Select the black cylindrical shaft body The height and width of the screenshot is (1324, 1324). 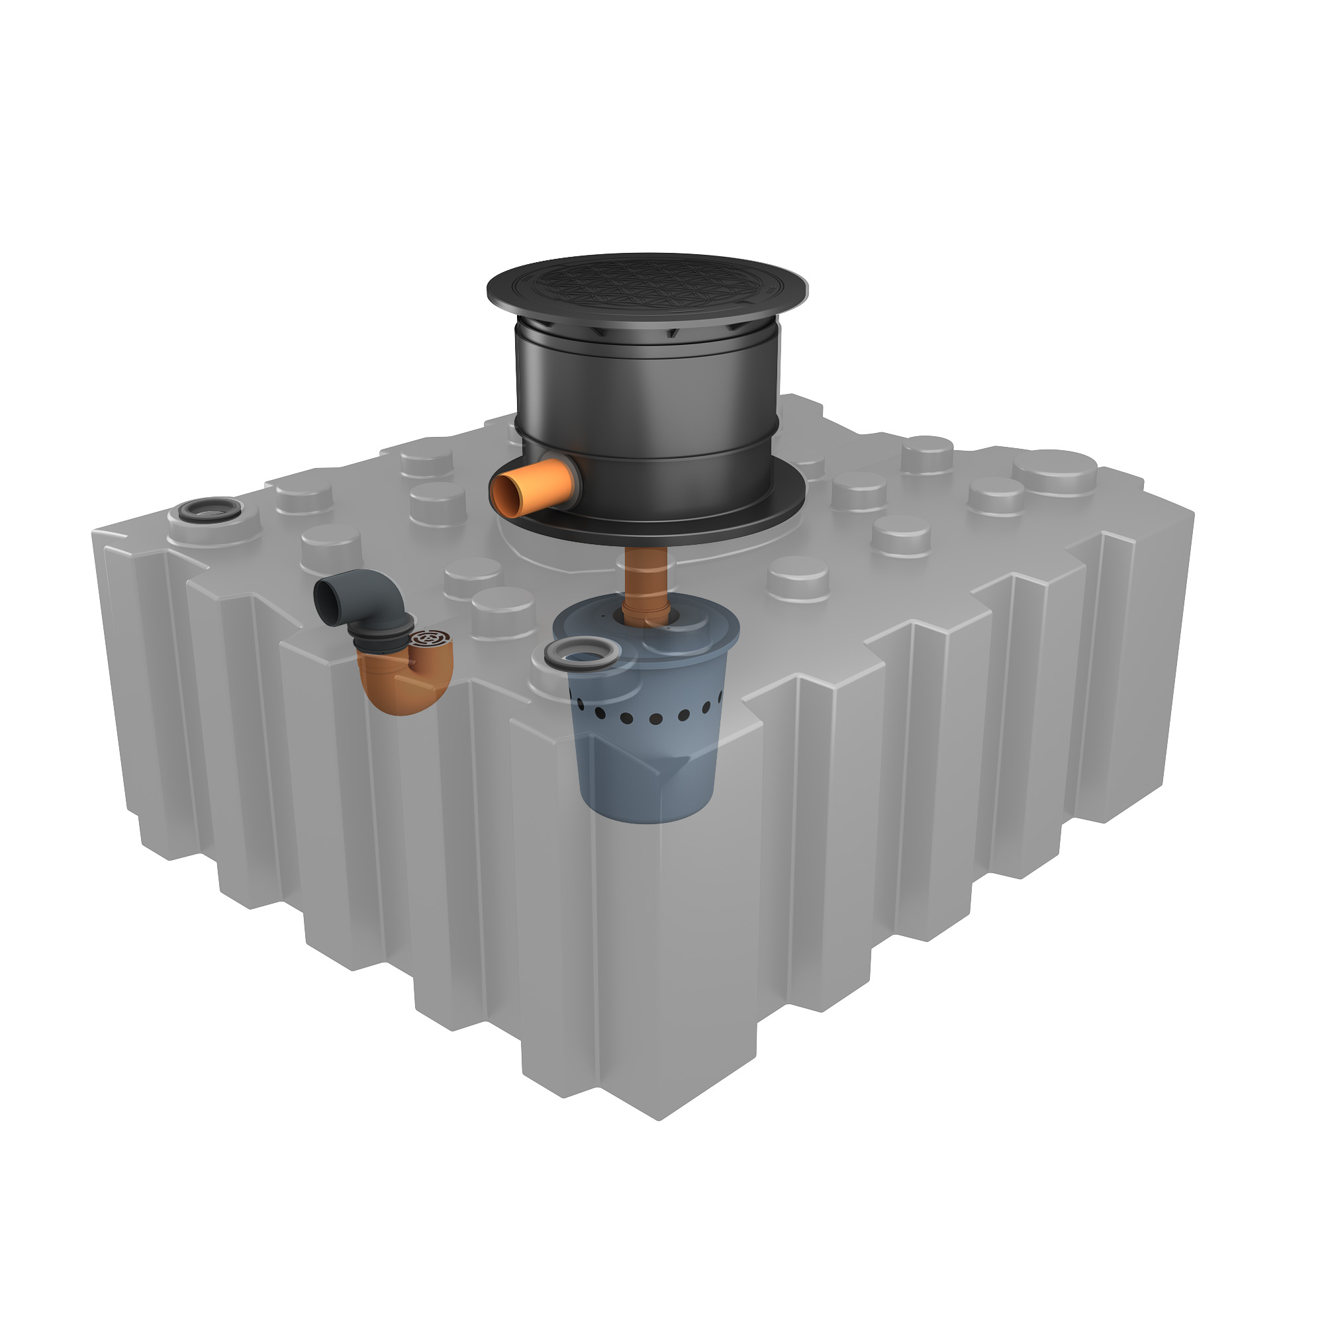pyautogui.click(x=647, y=404)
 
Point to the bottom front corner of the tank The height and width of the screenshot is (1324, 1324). pyautogui.click(x=659, y=1117)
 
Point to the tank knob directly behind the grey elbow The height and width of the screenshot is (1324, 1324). pyautogui.click(x=330, y=542)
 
